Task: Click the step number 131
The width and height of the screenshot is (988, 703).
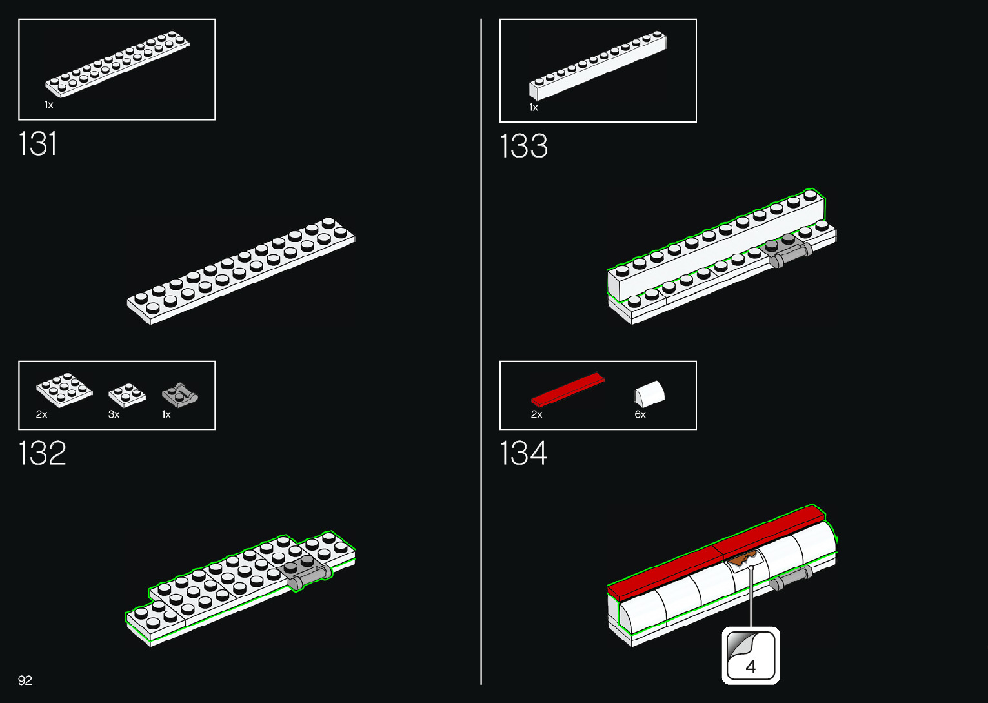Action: [38, 143]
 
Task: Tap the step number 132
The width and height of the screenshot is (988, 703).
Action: [42, 453]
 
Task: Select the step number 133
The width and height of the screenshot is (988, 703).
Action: [523, 146]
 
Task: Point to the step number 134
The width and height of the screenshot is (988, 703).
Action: [523, 453]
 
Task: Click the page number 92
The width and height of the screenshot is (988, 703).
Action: [25, 680]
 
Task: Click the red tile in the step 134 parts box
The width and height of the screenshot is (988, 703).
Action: [568, 389]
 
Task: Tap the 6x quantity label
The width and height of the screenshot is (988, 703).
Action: [640, 415]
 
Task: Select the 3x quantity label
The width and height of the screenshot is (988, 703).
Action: [114, 415]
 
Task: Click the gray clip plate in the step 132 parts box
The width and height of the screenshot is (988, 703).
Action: [179, 394]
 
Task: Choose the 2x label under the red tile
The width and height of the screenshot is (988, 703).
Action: [536, 415]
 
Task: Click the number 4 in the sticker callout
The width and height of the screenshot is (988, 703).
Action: [751, 667]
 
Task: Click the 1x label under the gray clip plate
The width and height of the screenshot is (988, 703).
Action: [166, 415]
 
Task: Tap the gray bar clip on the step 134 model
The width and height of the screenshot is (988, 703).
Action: [791, 578]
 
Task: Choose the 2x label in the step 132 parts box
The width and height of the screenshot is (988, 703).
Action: [42, 415]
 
